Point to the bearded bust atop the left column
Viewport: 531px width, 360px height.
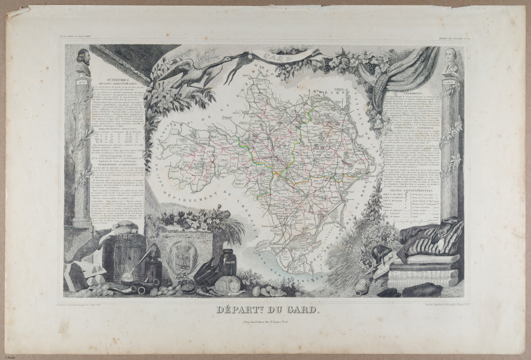click(x=83, y=62)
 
